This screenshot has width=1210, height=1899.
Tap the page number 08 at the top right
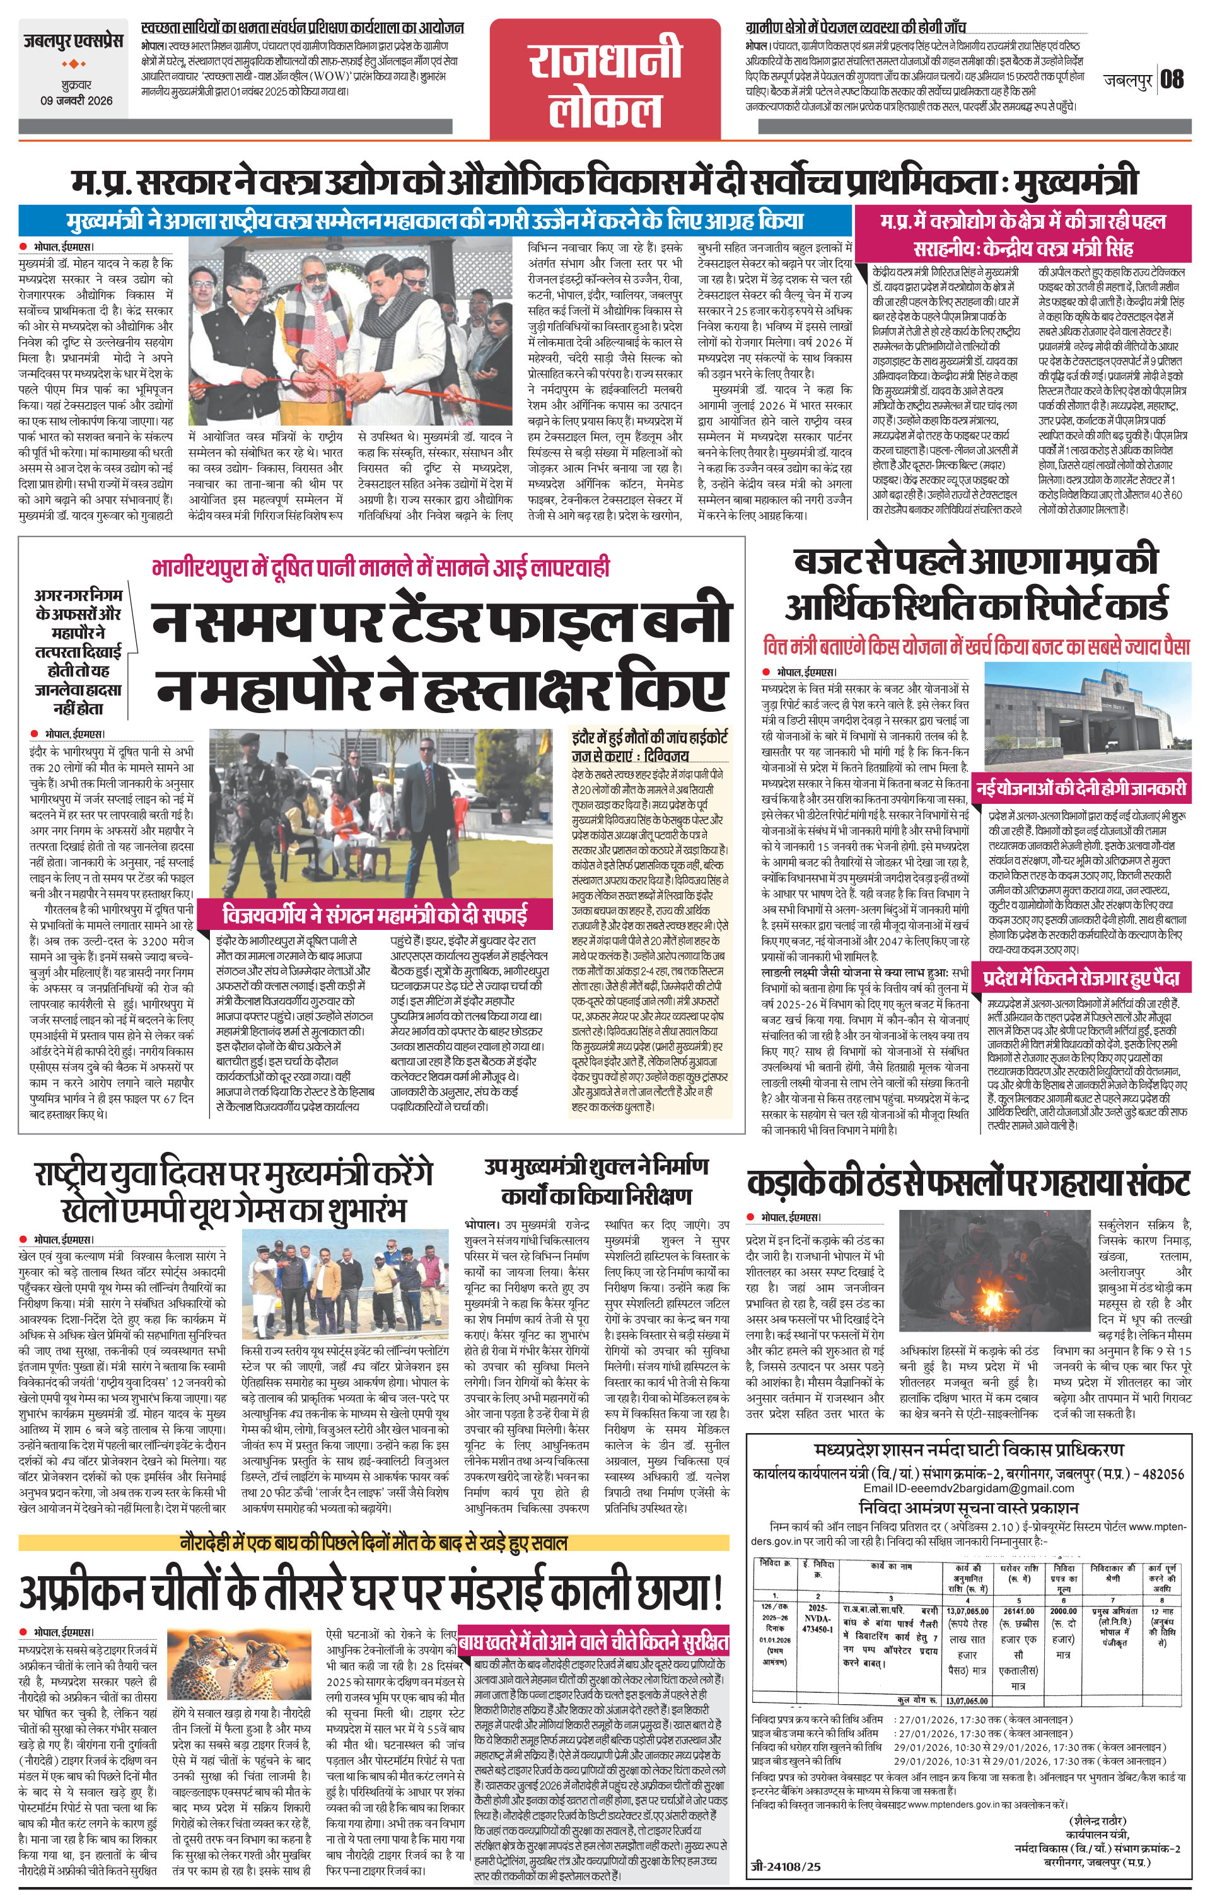pos(1172,79)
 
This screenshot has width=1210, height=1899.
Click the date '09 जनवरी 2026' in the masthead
pos(76,100)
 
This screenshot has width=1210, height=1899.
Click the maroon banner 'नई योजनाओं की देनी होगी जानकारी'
pos(1079,788)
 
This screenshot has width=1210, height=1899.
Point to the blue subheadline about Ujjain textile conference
pos(436,220)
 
